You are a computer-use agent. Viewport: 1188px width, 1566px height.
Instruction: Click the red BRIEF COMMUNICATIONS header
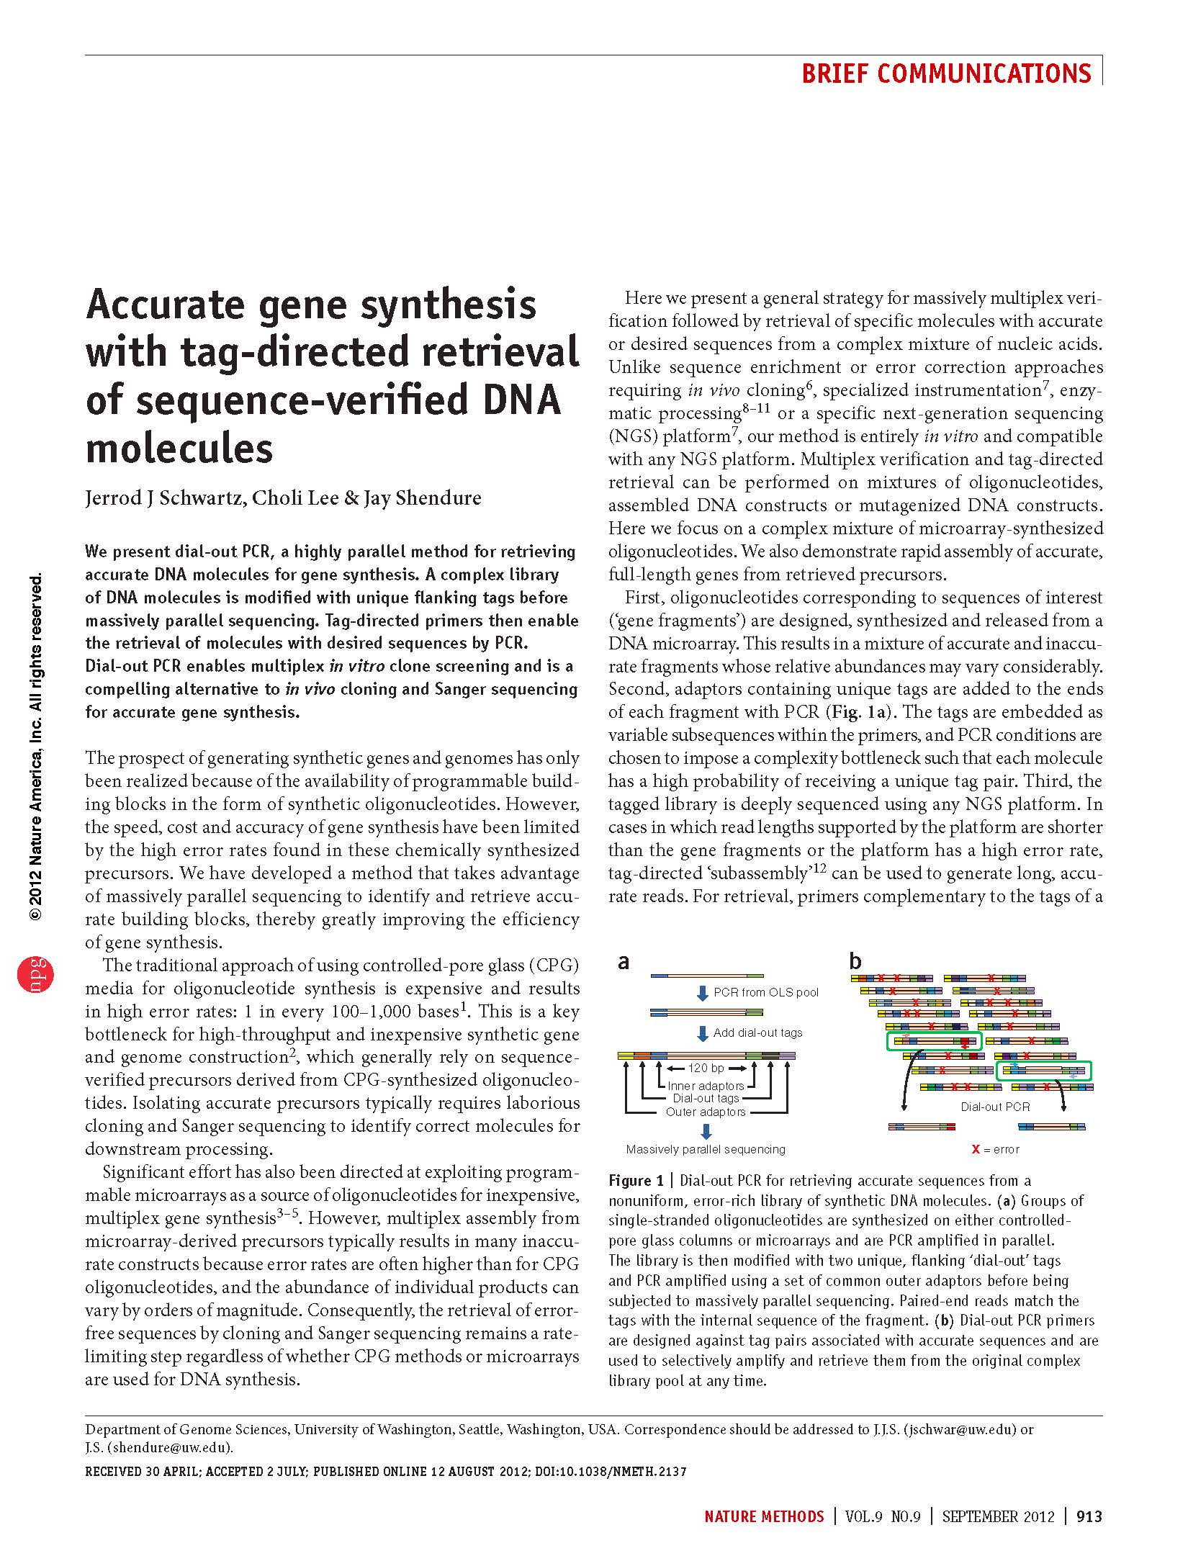pos(946,73)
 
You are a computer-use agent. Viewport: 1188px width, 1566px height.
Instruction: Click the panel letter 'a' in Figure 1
pos(624,960)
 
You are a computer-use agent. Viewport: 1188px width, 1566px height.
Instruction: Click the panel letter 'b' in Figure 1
pos(855,960)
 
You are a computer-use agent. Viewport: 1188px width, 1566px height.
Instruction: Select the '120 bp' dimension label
pos(706,1068)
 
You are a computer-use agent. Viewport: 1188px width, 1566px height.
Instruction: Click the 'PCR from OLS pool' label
pos(766,992)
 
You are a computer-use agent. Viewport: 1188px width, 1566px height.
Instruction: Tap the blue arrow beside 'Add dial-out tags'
pos(703,1033)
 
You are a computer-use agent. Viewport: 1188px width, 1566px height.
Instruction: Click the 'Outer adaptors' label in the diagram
pos(706,1112)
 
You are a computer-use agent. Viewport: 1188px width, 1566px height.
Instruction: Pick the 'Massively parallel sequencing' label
pos(706,1149)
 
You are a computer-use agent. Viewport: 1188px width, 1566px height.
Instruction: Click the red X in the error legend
pos(976,1149)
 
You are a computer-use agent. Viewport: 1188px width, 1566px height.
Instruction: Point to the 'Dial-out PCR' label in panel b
pos(995,1107)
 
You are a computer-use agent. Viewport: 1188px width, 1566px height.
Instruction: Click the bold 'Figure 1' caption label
pos(636,1181)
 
